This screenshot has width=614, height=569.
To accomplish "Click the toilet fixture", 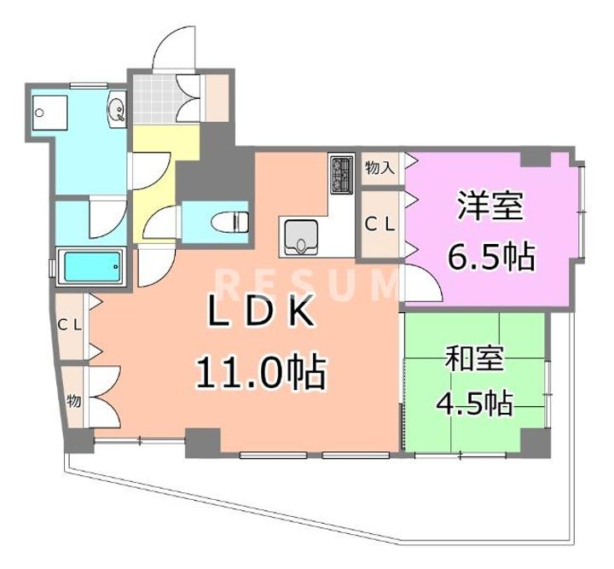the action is (x=230, y=222).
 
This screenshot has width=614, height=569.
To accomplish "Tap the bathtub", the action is (x=91, y=266).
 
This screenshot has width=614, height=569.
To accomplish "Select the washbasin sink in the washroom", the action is (x=117, y=109).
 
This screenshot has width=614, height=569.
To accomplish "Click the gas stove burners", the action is (x=342, y=175).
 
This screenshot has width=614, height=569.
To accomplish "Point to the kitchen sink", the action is (x=301, y=237).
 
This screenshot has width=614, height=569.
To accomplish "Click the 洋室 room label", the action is (x=490, y=206).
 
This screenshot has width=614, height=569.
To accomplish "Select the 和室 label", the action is (x=475, y=358).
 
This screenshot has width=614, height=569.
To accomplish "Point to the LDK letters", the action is (x=261, y=311).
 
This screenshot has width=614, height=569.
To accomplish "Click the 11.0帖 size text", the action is (x=261, y=372).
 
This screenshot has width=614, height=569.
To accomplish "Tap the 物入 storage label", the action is (x=379, y=168).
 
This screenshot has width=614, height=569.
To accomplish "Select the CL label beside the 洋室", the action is (x=379, y=224).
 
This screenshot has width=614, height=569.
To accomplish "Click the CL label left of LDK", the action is (x=69, y=325).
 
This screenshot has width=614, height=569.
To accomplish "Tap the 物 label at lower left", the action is (x=74, y=401).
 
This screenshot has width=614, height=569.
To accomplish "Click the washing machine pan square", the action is (x=49, y=113).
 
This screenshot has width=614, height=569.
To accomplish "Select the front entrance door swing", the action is (x=174, y=48).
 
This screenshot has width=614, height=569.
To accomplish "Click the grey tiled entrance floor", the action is (x=154, y=99).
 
